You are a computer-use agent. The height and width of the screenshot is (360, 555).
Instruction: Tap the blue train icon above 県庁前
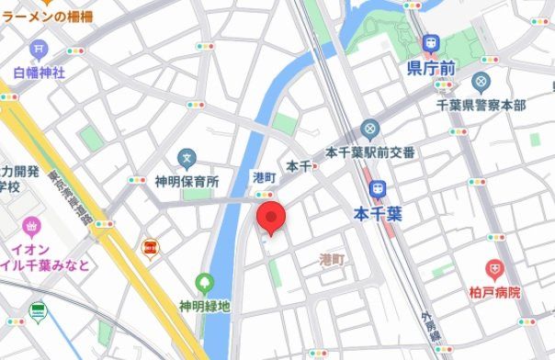(x=430, y=42)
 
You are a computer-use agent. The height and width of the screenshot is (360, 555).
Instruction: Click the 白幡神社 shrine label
(x=39, y=72)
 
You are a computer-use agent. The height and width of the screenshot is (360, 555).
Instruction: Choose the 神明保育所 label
(x=187, y=182)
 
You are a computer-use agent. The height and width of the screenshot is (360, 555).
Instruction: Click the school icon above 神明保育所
(x=187, y=159)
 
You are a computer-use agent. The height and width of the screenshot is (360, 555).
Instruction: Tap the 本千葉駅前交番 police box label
(x=370, y=152)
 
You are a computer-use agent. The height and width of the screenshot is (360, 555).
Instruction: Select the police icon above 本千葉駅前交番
(x=370, y=129)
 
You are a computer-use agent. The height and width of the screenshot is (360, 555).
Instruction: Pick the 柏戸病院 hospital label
(x=487, y=293)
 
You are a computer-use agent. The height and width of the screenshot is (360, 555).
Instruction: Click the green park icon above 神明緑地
(x=204, y=282)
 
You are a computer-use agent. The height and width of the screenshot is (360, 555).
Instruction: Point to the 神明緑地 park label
(x=204, y=305)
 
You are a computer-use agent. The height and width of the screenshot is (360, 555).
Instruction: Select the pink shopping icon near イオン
(x=32, y=225)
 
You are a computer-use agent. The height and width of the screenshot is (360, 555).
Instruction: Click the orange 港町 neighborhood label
(x=332, y=259)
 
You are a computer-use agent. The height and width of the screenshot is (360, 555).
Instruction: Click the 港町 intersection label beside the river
(x=264, y=176)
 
